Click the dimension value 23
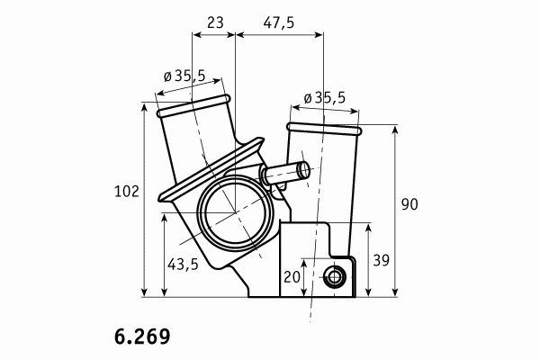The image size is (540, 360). pyautogui.click(x=216, y=22)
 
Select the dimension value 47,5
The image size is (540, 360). pyautogui.click(x=279, y=23)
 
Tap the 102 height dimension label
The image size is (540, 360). pyautogui.click(x=126, y=192)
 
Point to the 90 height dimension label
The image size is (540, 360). pyautogui.click(x=409, y=204)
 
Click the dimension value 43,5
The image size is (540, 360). pyautogui.click(x=183, y=265)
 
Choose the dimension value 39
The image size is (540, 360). pyautogui.click(x=382, y=260)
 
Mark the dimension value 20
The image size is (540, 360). pyautogui.click(x=292, y=277)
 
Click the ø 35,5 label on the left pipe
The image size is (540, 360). pyautogui.click(x=184, y=76)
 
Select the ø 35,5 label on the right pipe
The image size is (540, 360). pyautogui.click(x=324, y=98)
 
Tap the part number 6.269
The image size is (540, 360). pyautogui.click(x=142, y=337)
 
